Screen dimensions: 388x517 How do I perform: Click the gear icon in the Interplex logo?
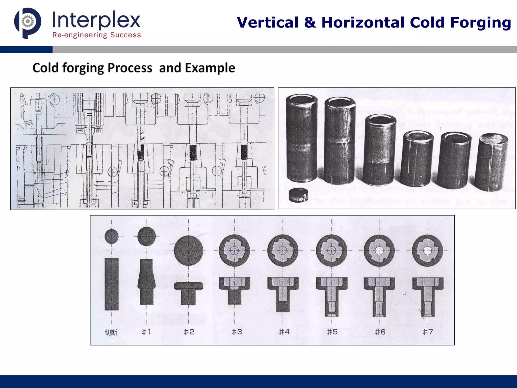coord(28,21)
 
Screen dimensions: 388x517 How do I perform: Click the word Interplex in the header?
coord(96,20)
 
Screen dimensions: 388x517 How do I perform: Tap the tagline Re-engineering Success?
coord(96,35)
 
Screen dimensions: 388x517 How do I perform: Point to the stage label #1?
coord(146,332)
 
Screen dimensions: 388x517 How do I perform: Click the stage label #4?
coord(284,332)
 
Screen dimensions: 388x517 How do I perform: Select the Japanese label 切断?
coord(111,332)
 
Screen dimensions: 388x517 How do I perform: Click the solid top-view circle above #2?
coord(189,250)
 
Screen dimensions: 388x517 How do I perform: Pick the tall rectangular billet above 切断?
coord(111,284)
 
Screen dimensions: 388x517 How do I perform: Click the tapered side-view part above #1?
coord(146,282)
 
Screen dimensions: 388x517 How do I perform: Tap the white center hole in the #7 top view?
coord(428,251)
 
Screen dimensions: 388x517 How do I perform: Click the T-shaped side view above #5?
coord(331,296)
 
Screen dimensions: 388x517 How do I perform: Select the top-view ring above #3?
coord(235,250)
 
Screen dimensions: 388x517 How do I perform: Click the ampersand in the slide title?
coord(310,23)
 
